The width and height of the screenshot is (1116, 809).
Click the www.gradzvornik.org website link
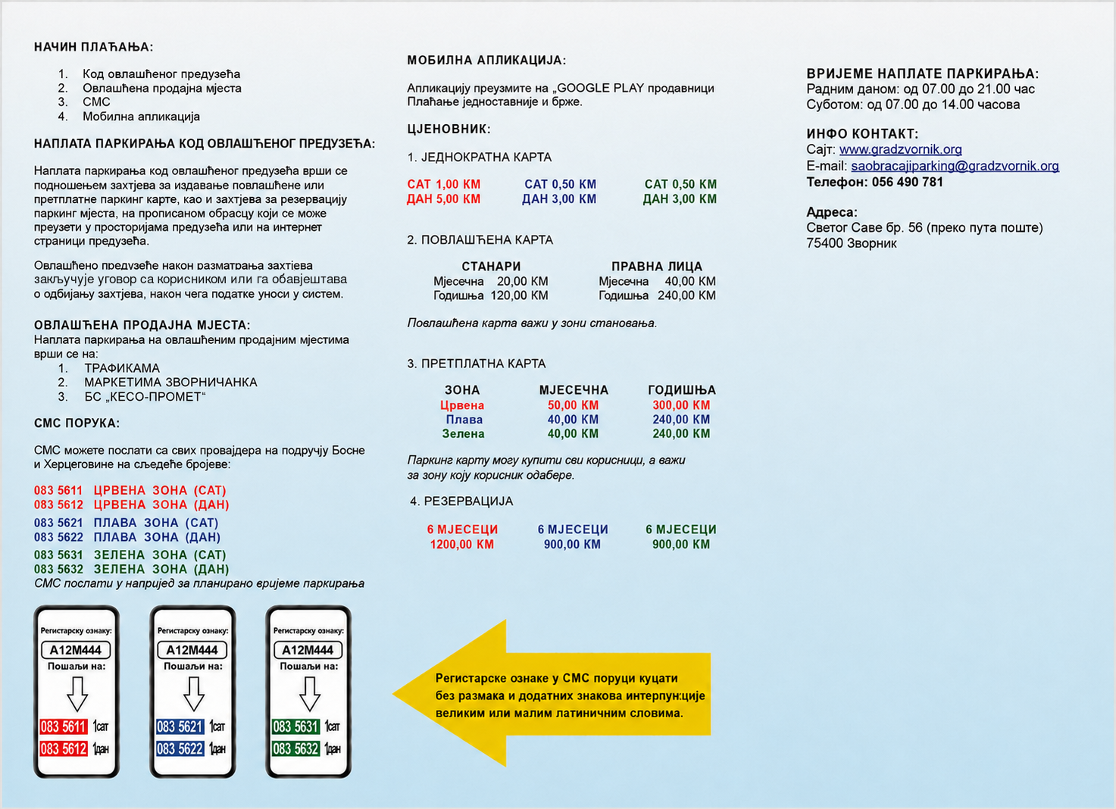(x=900, y=149)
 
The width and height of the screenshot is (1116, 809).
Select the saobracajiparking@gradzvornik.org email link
(x=955, y=166)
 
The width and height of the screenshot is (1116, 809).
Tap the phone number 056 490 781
(x=907, y=182)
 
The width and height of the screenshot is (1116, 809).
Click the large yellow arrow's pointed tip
(x=393, y=693)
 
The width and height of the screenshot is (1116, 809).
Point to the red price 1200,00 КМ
(x=462, y=545)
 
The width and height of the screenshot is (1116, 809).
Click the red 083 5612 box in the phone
(x=64, y=748)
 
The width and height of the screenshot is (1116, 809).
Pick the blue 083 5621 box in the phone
(x=180, y=726)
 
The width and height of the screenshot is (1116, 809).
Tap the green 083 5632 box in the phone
(x=295, y=748)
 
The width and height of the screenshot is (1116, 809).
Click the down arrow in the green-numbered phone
(x=309, y=694)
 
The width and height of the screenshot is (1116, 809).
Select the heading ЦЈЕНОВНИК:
(x=449, y=129)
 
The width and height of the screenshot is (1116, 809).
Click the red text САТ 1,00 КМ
(x=444, y=184)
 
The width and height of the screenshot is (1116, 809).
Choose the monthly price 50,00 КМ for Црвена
(x=573, y=405)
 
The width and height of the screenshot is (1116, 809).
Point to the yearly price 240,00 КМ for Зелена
(x=681, y=433)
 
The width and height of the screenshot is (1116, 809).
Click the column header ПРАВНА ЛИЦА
(x=657, y=267)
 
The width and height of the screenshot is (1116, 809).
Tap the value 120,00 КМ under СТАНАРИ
(x=519, y=295)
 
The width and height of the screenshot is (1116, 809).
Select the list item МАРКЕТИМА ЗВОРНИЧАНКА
(x=170, y=382)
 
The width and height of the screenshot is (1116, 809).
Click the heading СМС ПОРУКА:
(x=77, y=423)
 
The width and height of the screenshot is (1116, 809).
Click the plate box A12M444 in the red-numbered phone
(x=76, y=650)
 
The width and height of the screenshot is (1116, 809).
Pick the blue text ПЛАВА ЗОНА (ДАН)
(x=157, y=537)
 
